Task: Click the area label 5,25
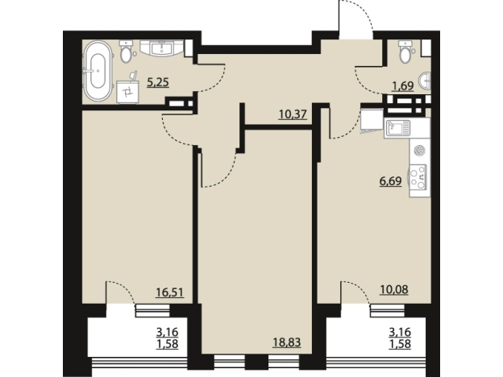point(158,83)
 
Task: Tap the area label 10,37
point(293,114)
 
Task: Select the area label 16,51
point(169,292)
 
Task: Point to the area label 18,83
point(287,342)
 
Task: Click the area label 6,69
point(390,181)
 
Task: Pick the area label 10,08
point(394,290)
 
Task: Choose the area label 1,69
point(403,86)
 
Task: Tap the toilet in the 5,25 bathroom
point(126,51)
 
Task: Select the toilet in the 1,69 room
point(405,51)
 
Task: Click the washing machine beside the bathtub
point(127,92)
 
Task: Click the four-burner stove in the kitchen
point(418,180)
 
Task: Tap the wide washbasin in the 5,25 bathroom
point(162,48)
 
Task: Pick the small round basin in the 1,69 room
point(426,81)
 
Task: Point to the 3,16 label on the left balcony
point(167,332)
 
